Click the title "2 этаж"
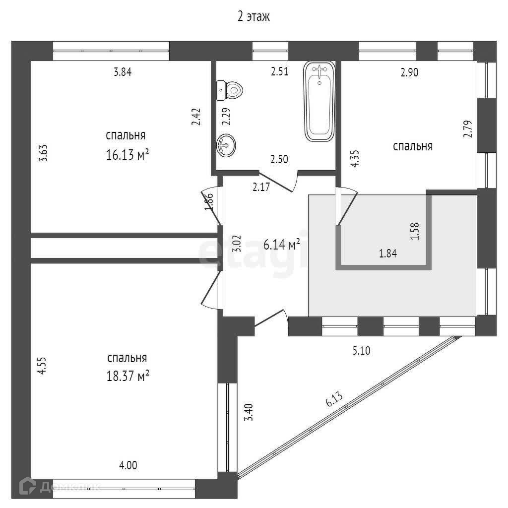[254, 17]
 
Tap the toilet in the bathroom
[231, 90]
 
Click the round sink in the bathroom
[226, 146]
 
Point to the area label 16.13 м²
[127, 155]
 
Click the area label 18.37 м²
[127, 376]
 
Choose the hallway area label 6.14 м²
[281, 245]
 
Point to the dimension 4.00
[128, 465]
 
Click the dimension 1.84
[387, 254]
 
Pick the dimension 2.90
[409, 72]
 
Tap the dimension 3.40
[250, 412]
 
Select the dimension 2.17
[261, 188]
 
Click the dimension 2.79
[467, 129]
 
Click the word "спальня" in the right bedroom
[413, 146]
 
